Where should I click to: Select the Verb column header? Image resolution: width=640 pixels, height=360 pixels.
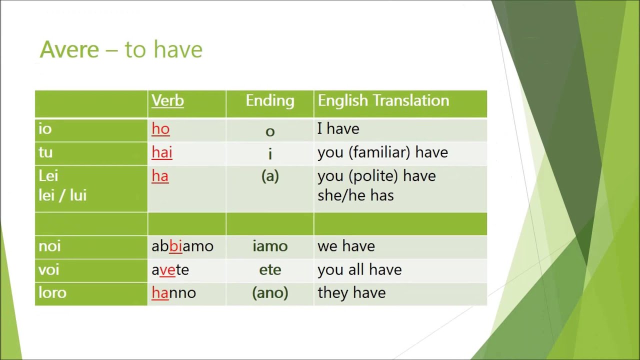[x=168, y=101]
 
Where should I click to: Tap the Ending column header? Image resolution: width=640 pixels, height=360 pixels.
[x=270, y=101]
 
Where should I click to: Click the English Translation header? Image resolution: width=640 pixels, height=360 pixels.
[x=383, y=101]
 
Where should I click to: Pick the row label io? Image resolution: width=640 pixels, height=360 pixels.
[x=45, y=129]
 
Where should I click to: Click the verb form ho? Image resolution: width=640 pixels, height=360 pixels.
[x=160, y=129]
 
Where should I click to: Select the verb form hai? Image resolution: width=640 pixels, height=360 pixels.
[x=162, y=152]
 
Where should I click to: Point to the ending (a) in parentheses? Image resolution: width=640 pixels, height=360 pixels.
[x=270, y=176]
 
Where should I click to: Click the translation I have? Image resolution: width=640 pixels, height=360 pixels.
[x=338, y=129]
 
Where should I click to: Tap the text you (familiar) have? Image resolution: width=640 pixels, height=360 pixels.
[x=382, y=152]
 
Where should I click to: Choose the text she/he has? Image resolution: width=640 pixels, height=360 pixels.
[x=355, y=195]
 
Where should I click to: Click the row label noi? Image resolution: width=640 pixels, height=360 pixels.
[x=49, y=246]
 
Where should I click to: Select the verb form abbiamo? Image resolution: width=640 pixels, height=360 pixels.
[x=182, y=246]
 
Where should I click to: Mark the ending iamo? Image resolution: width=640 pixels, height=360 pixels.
[x=270, y=246]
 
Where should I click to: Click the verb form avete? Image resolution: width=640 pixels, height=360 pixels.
[x=170, y=270]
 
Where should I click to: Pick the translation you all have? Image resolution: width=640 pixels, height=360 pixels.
[x=359, y=270]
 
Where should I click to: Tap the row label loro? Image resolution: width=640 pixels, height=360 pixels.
[x=52, y=293]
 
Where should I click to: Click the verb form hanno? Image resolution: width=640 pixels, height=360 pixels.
[x=173, y=293]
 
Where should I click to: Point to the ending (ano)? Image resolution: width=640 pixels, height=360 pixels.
[x=270, y=293]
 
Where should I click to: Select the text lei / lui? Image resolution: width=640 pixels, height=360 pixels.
[x=62, y=195]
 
